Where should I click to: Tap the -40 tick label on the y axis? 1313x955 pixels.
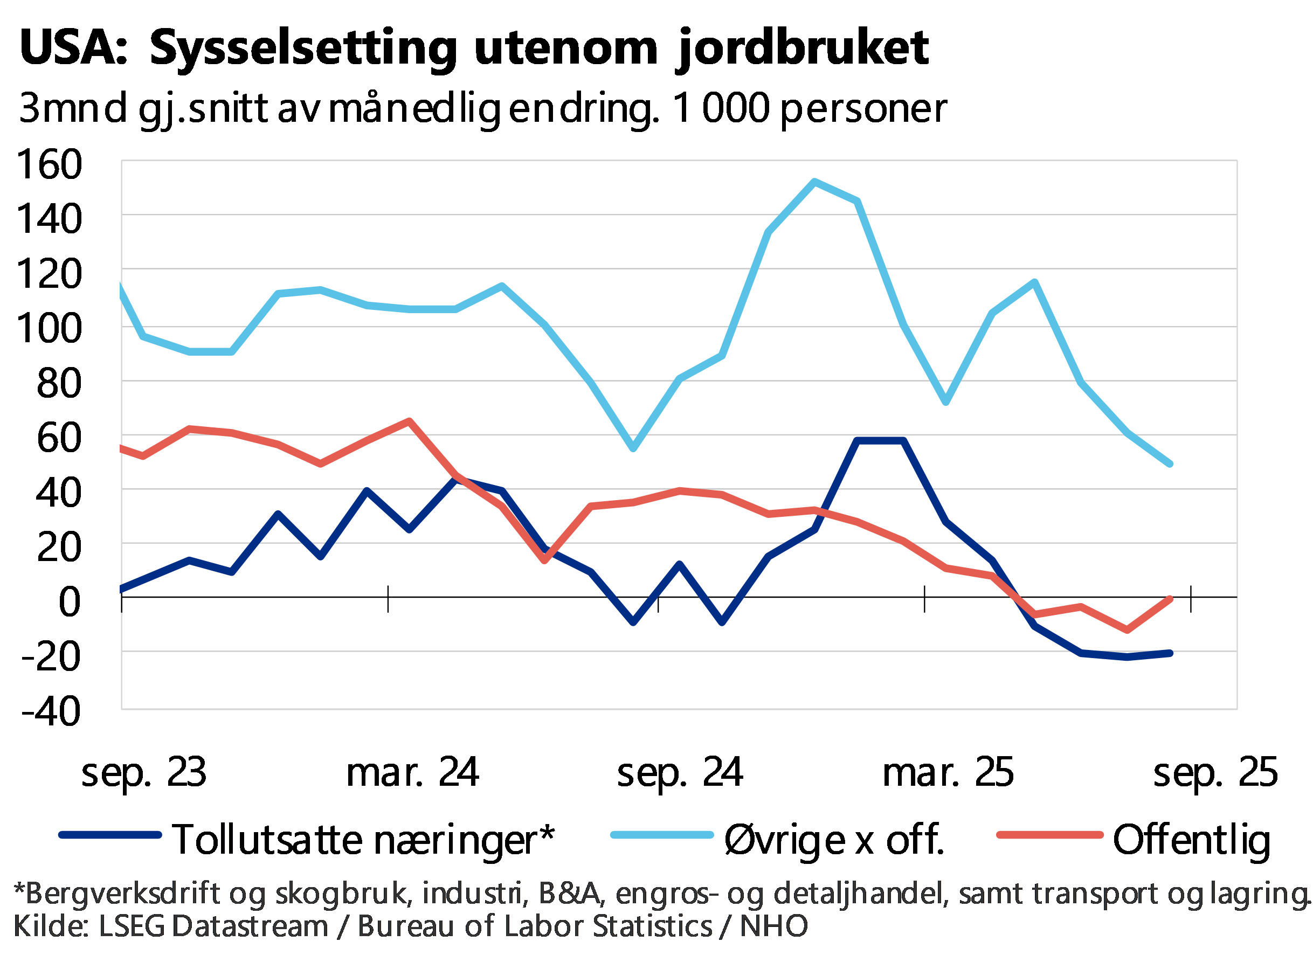pos(56,711)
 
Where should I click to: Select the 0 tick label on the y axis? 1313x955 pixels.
pos(69,602)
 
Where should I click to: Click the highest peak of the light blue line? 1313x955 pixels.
pos(814,181)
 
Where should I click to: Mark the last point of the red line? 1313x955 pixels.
pos(1171,599)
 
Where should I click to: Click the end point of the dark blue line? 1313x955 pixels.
pos(1171,653)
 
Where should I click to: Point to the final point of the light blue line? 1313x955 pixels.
pos(1171,464)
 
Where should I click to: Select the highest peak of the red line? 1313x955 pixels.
pos(409,420)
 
